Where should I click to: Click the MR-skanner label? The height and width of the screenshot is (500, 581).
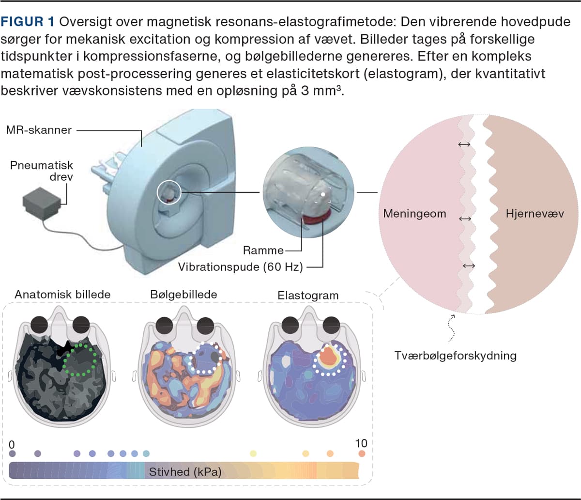click(38, 130)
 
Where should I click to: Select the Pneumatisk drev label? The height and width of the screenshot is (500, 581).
click(42, 172)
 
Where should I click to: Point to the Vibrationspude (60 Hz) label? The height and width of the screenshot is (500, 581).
click(240, 266)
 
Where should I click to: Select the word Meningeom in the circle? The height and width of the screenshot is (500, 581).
click(414, 213)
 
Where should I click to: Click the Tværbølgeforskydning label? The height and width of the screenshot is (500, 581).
click(455, 356)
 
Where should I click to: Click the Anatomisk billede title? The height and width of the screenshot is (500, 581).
click(62, 294)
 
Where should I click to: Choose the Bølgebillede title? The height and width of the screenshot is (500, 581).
click(184, 294)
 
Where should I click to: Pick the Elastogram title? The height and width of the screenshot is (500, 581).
click(308, 294)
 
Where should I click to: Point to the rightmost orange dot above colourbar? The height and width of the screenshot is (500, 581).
click(362, 454)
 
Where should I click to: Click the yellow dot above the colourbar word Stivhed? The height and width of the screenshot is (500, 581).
click(253, 453)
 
